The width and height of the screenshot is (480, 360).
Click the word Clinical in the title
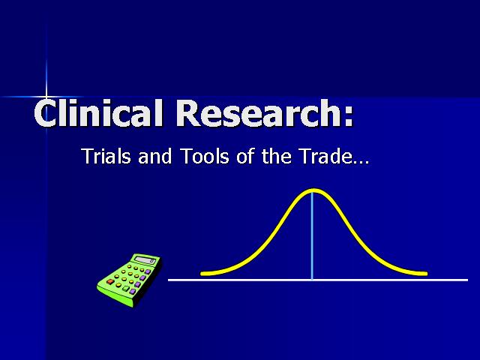pos(98,112)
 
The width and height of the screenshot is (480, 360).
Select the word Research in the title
pos(257,112)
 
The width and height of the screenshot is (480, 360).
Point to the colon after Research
pos(348,116)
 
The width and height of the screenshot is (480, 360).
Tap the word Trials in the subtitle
pos(106,156)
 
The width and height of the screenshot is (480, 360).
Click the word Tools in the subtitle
pos(205,156)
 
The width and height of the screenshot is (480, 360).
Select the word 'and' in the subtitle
pos(155,156)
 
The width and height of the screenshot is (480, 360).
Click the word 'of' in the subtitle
pos(245,156)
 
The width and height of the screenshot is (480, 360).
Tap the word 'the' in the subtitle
pos(277,156)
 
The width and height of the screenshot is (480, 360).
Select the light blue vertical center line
pos(312,236)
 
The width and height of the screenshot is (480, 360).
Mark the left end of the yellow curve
pos(202,274)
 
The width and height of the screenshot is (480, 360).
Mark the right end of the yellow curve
pos(426,274)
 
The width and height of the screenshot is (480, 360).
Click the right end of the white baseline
pos(467,280)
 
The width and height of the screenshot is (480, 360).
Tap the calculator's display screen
pos(145,260)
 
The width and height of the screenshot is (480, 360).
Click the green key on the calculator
pos(126,288)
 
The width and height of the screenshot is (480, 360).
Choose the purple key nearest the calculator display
pos(148,271)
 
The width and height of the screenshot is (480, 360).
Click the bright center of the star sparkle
pos(46,97)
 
